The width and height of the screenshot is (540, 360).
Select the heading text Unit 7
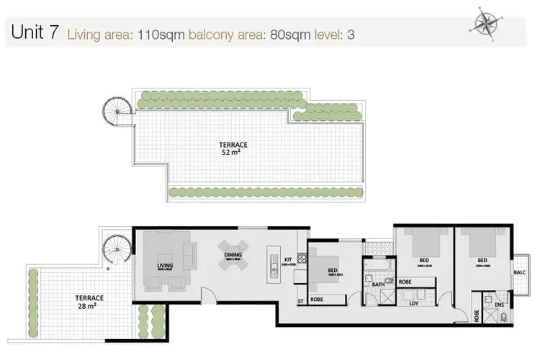pyautogui.click(x=34, y=33)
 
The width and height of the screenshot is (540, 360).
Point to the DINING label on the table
pyautogui.click(x=233, y=255)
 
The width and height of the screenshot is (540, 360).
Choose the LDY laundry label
pyautogui.click(x=415, y=303)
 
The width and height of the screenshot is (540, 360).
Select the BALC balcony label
pyautogui.click(x=520, y=272)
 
